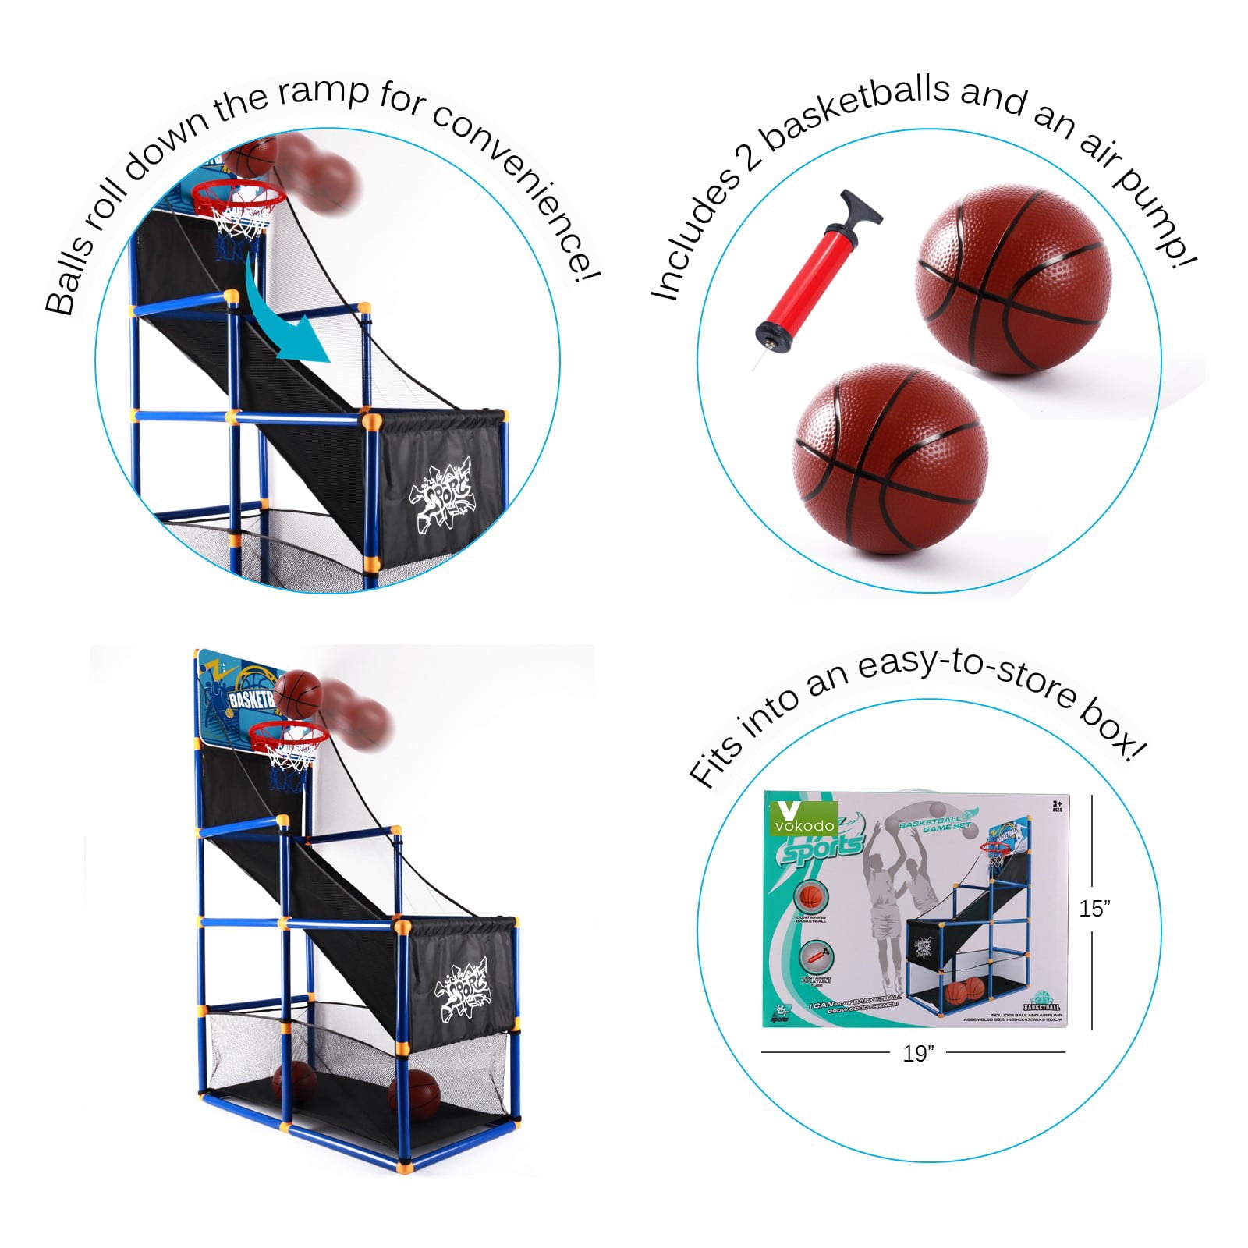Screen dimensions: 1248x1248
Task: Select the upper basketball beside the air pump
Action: (1012, 278)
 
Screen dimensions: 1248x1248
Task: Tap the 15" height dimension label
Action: (1094, 908)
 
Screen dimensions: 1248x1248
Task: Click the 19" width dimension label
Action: (918, 1053)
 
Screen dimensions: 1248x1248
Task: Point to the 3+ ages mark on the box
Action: (1057, 806)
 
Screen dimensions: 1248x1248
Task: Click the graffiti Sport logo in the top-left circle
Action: (441, 491)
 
